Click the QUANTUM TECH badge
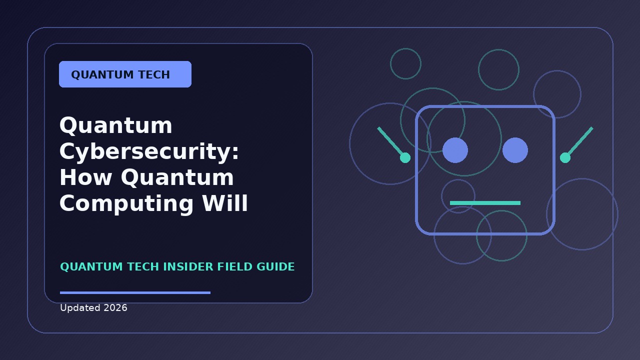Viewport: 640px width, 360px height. pyautogui.click(x=125, y=74)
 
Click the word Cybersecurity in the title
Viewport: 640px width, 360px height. pyautogui.click(x=149, y=151)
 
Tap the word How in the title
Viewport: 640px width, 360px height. pyautogui.click(x=85, y=177)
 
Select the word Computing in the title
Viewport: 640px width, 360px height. pyautogui.click(x=126, y=204)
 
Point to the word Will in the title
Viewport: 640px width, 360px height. pyautogui.click(x=225, y=203)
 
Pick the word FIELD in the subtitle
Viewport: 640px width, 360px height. pyautogui.click(x=235, y=267)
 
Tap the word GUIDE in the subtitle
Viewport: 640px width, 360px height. pyautogui.click(x=275, y=267)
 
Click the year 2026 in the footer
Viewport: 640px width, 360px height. pyautogui.click(x=115, y=308)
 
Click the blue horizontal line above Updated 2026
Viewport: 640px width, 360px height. pyautogui.click(x=135, y=292)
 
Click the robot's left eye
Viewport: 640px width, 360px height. pyautogui.click(x=455, y=150)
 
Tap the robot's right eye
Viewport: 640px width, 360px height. pyautogui.click(x=515, y=150)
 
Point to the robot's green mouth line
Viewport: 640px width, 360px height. pyautogui.click(x=485, y=203)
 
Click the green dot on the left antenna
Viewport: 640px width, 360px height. pyautogui.click(x=405, y=157)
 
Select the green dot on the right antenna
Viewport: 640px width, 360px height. pyautogui.click(x=565, y=157)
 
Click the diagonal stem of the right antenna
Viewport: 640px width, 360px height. pyautogui.click(x=579, y=142)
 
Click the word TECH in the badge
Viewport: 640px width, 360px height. pyautogui.click(x=154, y=75)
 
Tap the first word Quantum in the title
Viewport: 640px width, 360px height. pyautogui.click(x=115, y=125)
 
